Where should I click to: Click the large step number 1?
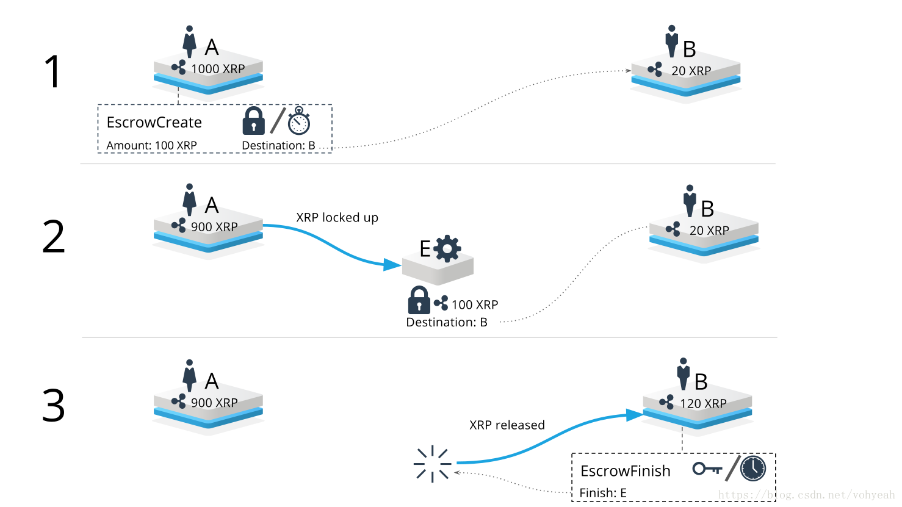pyautogui.click(x=53, y=72)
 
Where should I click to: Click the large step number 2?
pyautogui.click(x=53, y=237)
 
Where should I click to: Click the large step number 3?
pyautogui.click(x=53, y=406)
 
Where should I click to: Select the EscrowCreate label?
pyautogui.click(x=154, y=123)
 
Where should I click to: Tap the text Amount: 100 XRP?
pyautogui.click(x=151, y=145)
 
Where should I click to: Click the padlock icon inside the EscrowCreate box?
pyautogui.click(x=253, y=121)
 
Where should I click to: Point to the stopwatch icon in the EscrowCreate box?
pyautogui.click(x=299, y=121)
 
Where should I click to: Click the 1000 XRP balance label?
pyautogui.click(x=217, y=69)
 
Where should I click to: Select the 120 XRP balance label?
pyautogui.click(x=703, y=403)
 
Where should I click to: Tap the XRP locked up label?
pyautogui.click(x=337, y=218)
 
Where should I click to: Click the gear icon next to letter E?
pyautogui.click(x=448, y=248)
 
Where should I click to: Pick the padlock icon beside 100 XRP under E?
pyautogui.click(x=419, y=300)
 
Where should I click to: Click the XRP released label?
pyautogui.click(x=507, y=425)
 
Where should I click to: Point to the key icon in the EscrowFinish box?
pyautogui.click(x=707, y=469)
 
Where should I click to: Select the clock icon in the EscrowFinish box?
pyautogui.click(x=753, y=468)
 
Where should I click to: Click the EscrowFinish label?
pyautogui.click(x=625, y=471)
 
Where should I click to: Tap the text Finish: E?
pyautogui.click(x=602, y=493)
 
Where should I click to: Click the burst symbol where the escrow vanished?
pyautogui.click(x=432, y=464)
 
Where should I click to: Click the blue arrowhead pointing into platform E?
pyautogui.click(x=392, y=265)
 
